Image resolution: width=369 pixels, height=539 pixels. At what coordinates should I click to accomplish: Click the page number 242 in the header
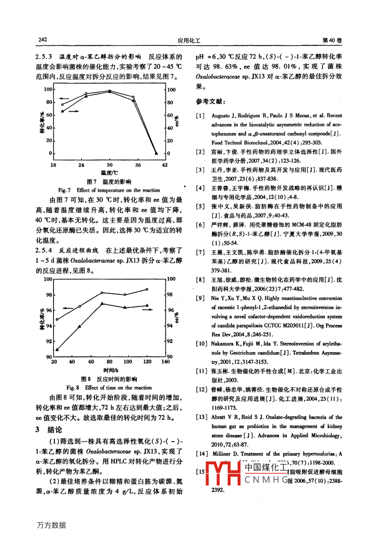43,40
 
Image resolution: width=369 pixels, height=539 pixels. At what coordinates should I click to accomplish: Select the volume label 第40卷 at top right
332,40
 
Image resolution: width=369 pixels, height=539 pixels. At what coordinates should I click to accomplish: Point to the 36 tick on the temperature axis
138,165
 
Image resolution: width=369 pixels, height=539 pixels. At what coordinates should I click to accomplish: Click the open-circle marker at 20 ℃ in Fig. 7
62,105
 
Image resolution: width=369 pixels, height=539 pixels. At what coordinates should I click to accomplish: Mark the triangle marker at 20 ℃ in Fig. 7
62,111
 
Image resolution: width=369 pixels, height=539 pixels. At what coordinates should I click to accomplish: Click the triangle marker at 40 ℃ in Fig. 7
156,153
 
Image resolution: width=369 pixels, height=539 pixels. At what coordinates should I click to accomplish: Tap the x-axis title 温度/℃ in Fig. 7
109,173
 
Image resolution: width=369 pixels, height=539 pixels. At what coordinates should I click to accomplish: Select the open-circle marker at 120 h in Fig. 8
147,289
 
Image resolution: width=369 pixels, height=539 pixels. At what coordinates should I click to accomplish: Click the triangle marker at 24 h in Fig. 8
58,349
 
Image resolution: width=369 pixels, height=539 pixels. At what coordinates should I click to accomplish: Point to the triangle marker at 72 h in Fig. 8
102,303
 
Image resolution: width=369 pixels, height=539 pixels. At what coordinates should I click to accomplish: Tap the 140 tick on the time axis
166,362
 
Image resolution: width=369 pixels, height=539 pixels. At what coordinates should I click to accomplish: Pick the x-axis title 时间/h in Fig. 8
110,370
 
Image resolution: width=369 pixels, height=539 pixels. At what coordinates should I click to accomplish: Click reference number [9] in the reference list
200,298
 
